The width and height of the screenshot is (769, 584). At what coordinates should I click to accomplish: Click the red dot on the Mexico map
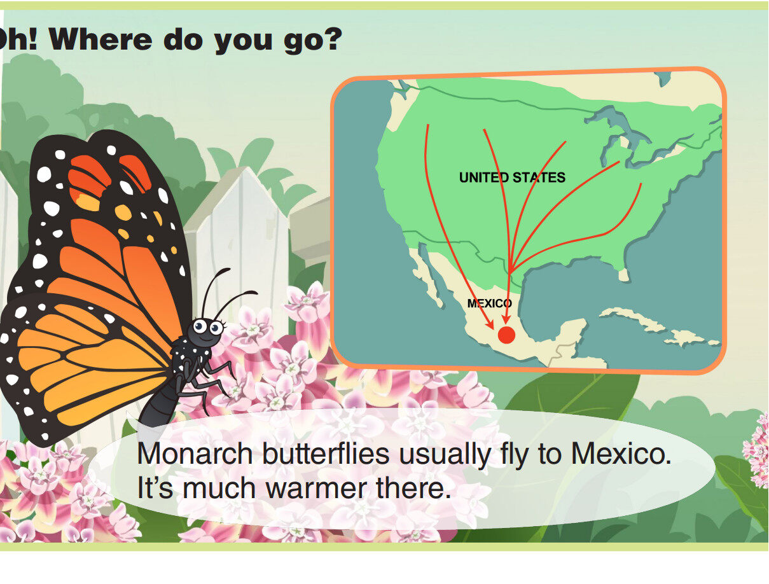506,334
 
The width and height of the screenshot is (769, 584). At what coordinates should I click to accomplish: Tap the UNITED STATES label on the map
512,177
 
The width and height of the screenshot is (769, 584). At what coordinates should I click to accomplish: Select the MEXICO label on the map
489,303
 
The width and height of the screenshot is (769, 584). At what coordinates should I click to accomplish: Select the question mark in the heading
333,39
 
